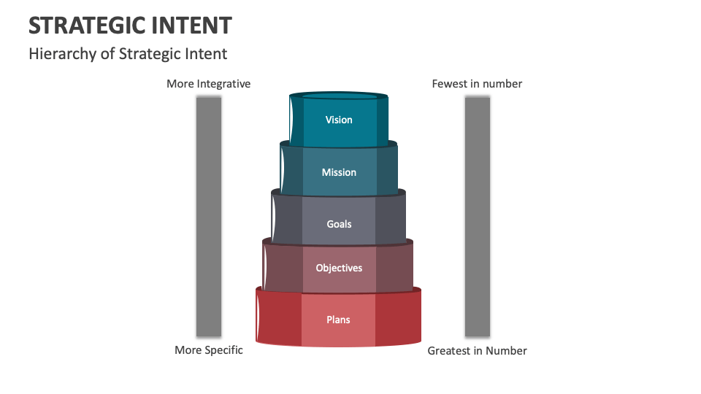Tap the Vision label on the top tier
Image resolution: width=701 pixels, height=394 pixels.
(339, 120)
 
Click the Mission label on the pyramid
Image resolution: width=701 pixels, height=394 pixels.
(339, 172)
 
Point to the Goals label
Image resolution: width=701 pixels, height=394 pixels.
(339, 224)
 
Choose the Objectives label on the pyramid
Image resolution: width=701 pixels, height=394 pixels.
(339, 268)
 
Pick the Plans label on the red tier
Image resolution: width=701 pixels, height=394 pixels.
(339, 320)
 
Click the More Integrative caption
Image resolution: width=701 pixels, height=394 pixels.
(208, 84)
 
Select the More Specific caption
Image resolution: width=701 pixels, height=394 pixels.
(208, 350)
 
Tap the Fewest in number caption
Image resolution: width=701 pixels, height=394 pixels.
(477, 84)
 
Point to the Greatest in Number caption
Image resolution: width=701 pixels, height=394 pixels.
(477, 351)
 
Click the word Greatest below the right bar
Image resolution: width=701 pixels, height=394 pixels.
(449, 351)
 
